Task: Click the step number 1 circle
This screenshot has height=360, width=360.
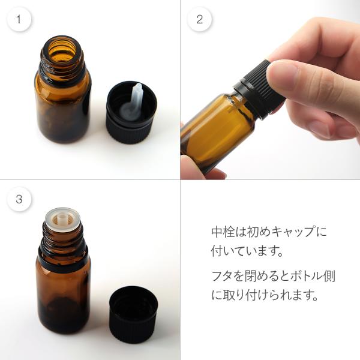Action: (19, 19)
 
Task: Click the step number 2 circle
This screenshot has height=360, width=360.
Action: (200, 19)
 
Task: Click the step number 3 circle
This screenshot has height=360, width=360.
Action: (19, 199)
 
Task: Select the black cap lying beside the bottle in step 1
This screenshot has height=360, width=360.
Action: (131, 113)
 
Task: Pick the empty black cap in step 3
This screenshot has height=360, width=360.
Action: (134, 314)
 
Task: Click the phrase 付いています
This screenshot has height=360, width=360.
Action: (244, 251)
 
